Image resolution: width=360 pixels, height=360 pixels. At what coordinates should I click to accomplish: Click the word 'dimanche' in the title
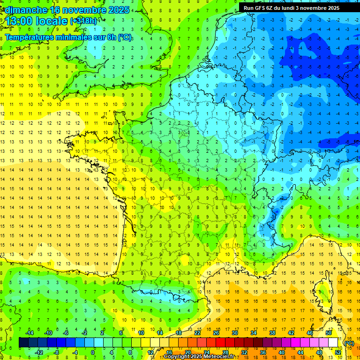click(23, 10)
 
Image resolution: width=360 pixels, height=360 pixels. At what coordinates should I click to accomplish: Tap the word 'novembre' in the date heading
click(86, 10)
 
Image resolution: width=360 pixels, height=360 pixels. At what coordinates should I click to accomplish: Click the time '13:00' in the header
click(20, 21)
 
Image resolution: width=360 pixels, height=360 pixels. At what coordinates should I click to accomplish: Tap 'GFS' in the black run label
click(262, 8)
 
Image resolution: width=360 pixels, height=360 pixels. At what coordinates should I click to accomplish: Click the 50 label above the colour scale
click(329, 333)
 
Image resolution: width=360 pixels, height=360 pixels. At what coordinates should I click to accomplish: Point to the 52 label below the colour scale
click(338, 352)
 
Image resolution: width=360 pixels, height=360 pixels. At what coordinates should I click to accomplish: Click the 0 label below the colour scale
click(93, 352)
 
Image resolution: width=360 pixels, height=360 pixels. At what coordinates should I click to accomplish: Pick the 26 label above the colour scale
click(216, 333)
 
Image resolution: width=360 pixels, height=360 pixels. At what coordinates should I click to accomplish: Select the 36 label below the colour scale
click(263, 352)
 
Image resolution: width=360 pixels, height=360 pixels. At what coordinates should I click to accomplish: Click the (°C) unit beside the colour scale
click(349, 343)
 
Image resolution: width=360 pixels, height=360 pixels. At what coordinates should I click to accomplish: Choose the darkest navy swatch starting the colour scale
click(23, 343)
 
